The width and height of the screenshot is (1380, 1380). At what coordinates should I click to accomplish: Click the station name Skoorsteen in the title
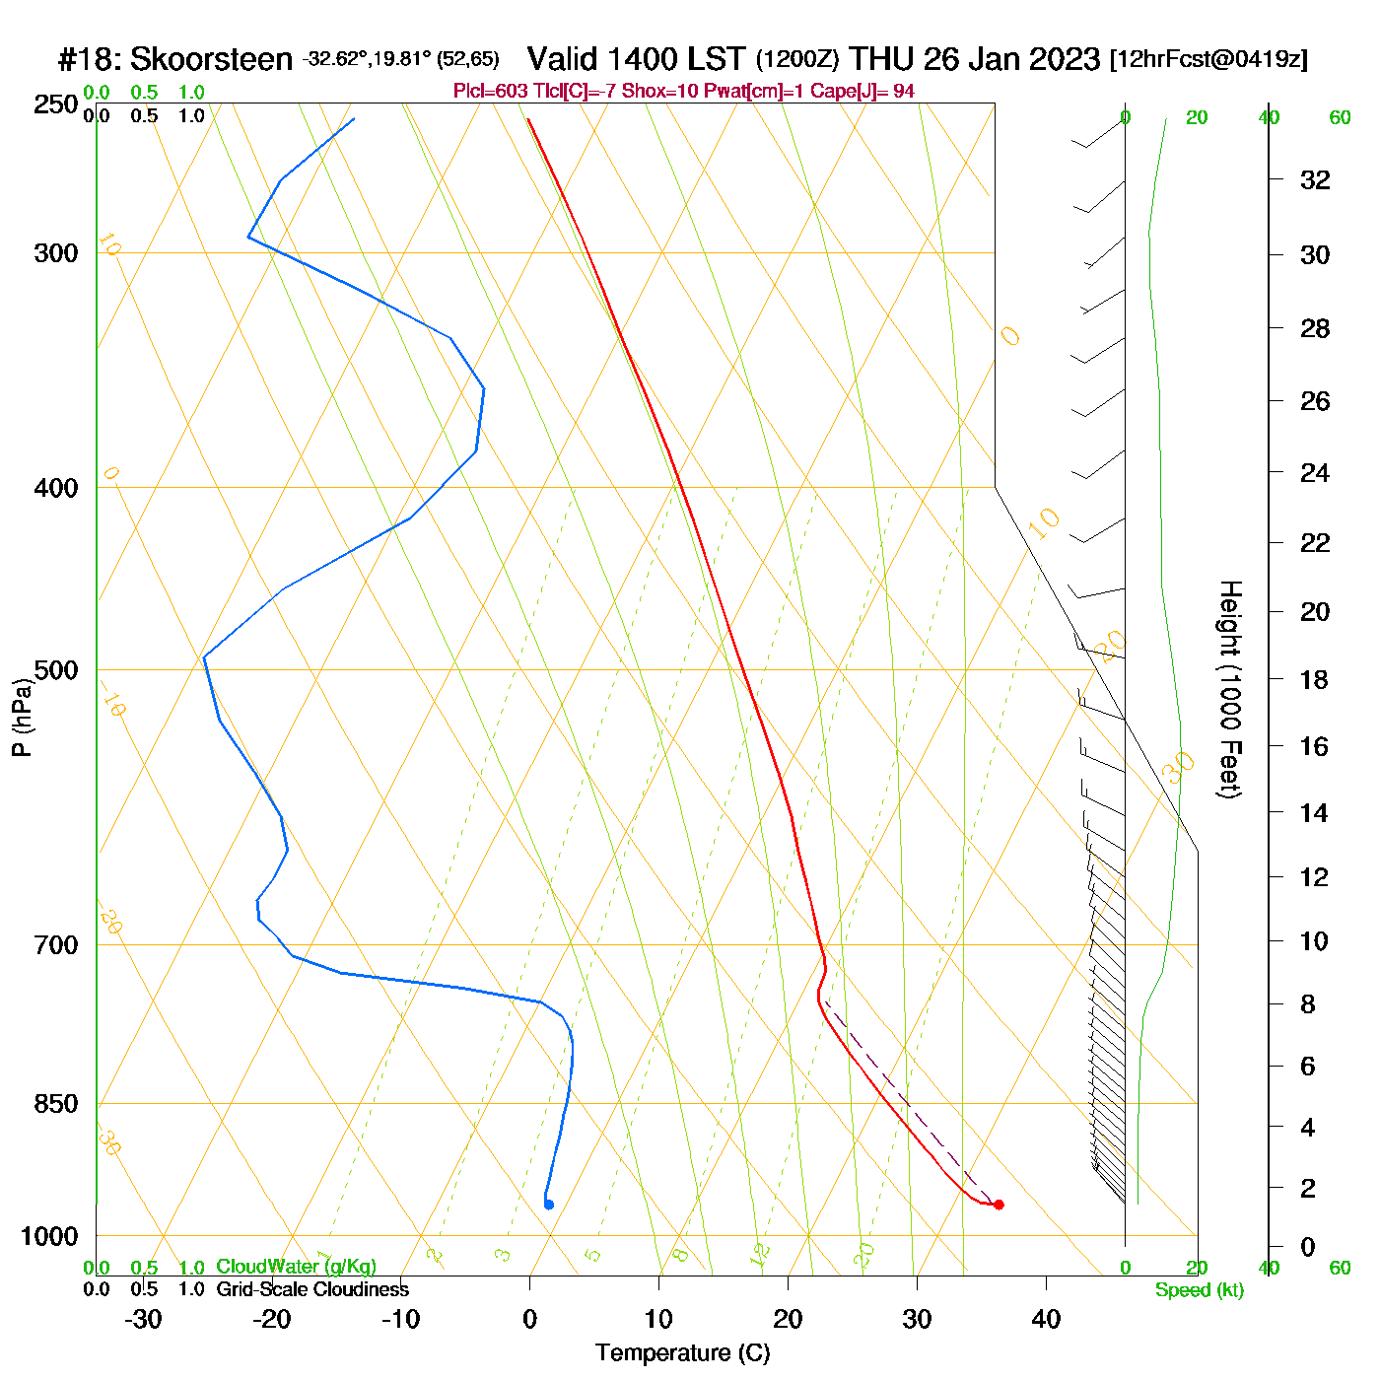(x=211, y=59)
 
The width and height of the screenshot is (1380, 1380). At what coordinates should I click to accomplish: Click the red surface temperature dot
(x=999, y=1205)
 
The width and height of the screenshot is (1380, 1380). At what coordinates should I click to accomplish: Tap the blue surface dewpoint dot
(x=549, y=1205)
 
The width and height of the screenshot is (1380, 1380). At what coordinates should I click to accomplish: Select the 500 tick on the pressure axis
(x=56, y=670)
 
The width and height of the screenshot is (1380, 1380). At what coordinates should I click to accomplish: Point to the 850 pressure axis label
(x=56, y=1104)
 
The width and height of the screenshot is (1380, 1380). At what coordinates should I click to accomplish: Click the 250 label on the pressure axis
(x=56, y=104)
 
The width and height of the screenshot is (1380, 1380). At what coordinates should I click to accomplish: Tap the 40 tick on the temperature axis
(x=1046, y=1319)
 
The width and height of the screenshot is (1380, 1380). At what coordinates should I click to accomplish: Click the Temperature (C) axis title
(x=682, y=1352)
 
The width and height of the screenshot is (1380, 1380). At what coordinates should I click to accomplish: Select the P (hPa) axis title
(x=22, y=717)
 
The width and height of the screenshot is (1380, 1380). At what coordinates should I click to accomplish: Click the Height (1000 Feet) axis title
(x=1230, y=689)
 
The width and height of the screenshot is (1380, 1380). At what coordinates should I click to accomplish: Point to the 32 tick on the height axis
(x=1315, y=180)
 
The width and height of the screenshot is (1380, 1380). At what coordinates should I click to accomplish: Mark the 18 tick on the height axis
(x=1315, y=679)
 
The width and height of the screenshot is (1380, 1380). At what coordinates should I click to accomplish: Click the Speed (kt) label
(x=1199, y=1290)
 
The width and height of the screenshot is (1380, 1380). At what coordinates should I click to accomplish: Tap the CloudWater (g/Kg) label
(x=296, y=1267)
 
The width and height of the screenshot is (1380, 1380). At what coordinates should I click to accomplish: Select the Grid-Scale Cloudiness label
(x=312, y=1289)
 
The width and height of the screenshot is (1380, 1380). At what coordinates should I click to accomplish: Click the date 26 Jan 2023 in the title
(x=1011, y=59)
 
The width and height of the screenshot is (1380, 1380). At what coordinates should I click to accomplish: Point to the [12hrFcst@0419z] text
(x=1208, y=59)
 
